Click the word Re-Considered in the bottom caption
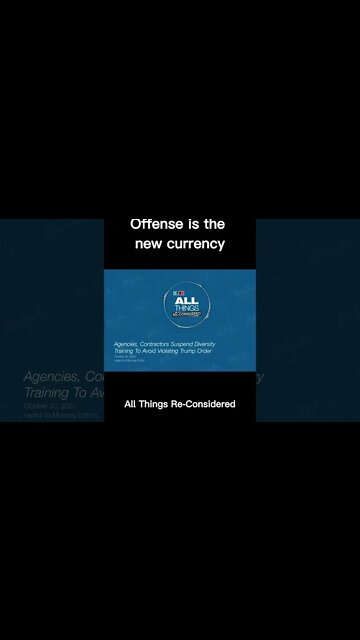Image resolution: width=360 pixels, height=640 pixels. click(x=202, y=404)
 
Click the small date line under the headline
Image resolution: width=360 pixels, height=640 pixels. click(x=122, y=357)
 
